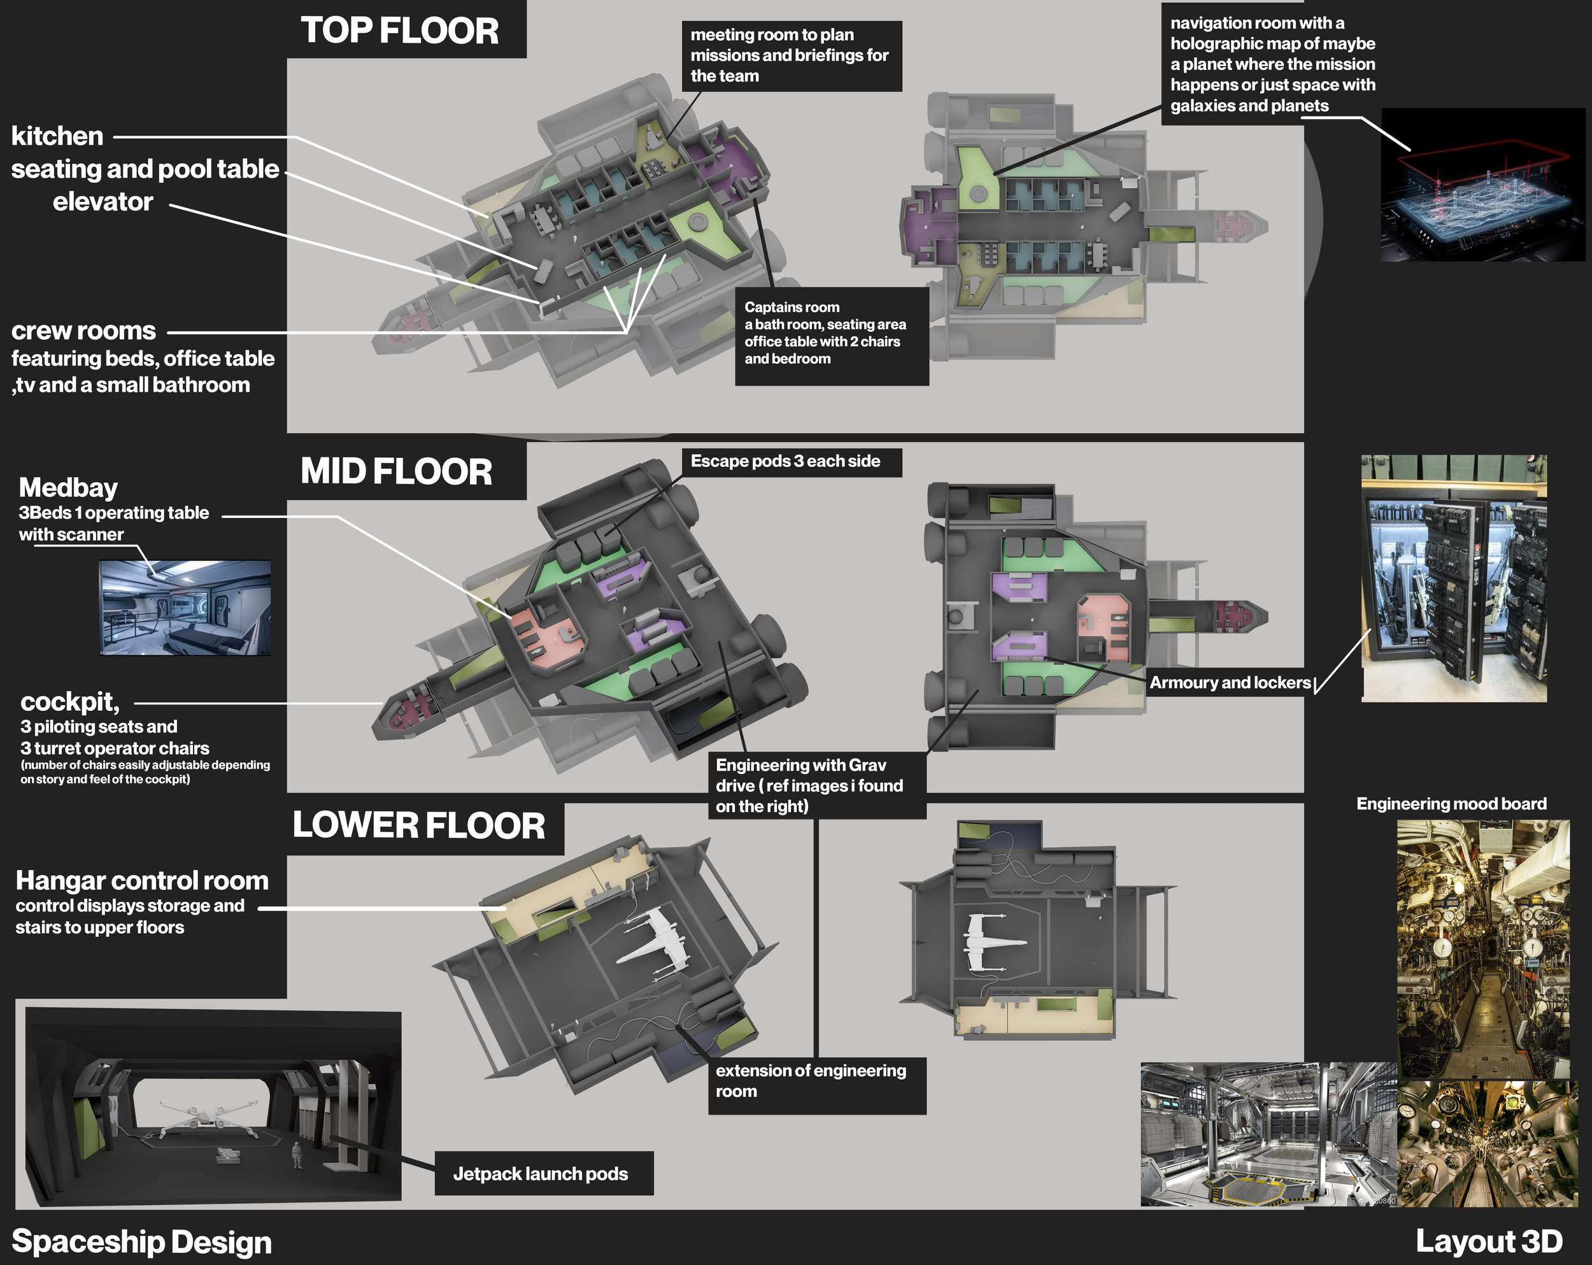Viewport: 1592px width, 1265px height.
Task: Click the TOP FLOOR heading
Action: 399,31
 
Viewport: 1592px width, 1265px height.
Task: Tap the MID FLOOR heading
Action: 397,471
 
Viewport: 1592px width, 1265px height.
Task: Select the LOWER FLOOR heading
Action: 418,825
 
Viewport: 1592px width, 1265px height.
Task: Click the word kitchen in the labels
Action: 57,136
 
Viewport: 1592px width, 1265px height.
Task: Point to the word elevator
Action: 103,202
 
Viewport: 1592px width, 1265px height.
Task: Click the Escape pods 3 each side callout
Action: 785,462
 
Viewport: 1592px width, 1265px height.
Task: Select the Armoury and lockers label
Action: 1230,682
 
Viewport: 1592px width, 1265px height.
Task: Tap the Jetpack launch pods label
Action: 541,1173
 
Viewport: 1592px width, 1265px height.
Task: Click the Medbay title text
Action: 68,487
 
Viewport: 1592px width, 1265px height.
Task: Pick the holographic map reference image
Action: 1482,185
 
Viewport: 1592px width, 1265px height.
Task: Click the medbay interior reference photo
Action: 185,608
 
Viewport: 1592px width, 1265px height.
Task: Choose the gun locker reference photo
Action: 1453,578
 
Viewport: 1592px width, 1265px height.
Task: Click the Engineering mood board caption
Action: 1451,803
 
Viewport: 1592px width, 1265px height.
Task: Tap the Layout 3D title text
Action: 1489,1241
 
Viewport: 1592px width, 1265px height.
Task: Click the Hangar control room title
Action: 142,880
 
